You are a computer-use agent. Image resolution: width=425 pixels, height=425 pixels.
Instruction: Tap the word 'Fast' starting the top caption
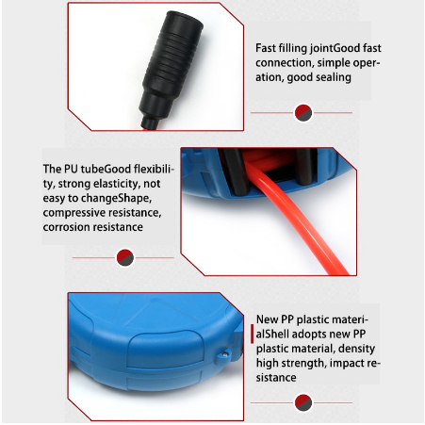(x=265, y=48)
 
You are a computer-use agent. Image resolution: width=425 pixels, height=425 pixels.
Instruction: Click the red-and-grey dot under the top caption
(x=303, y=113)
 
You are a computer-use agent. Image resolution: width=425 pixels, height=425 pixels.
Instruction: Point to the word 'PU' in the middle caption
(x=71, y=169)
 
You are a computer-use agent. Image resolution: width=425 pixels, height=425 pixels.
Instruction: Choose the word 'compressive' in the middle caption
(x=72, y=213)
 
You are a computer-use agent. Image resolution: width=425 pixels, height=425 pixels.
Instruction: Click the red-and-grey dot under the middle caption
(x=125, y=257)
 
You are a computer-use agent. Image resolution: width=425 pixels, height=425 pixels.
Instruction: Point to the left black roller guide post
(x=237, y=172)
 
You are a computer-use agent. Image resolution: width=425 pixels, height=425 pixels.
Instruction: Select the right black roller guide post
(x=305, y=167)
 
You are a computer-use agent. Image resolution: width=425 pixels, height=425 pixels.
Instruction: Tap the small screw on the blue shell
(x=224, y=354)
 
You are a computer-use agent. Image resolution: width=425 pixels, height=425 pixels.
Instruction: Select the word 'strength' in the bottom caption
(x=302, y=364)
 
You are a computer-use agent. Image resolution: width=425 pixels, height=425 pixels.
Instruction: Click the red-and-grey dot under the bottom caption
(x=303, y=402)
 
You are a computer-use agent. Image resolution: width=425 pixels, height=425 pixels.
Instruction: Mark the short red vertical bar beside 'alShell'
(x=252, y=334)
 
